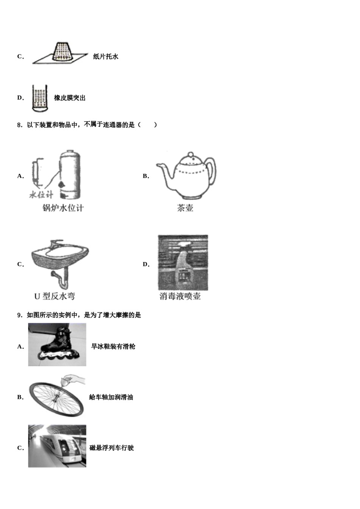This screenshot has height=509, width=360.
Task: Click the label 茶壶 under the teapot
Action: (185, 208)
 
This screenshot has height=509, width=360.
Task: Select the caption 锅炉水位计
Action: (63, 208)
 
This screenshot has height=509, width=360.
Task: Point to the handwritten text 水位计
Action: (41, 195)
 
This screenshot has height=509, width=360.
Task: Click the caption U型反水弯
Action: (55, 296)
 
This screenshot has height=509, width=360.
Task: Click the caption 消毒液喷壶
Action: (180, 296)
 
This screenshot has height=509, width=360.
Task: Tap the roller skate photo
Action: (57, 345)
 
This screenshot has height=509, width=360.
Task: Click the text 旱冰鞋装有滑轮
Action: (113, 347)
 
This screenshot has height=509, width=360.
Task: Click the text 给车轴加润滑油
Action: (111, 397)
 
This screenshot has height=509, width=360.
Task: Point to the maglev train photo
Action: (57, 446)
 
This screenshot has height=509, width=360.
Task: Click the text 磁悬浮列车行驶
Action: (112, 448)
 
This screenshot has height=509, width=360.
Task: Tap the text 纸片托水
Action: (106, 56)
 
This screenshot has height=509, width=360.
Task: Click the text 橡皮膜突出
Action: (70, 98)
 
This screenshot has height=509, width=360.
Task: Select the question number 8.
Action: (20, 125)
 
